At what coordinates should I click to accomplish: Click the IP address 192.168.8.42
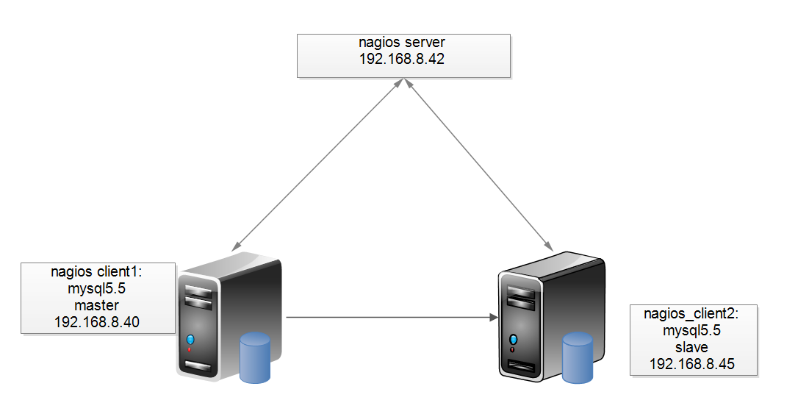coord(403,59)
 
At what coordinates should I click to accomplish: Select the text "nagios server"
coord(403,43)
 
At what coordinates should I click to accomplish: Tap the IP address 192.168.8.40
coord(97,321)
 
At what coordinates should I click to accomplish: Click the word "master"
coord(97,304)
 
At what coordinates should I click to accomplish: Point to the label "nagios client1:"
coord(97,271)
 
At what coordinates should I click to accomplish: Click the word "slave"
coord(693,347)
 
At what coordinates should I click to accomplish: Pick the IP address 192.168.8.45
coord(693,363)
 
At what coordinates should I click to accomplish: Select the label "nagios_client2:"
coord(693,314)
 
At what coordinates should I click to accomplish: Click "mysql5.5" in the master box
coord(97,288)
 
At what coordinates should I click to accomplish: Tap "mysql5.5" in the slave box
coord(693,331)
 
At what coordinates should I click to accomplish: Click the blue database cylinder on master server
coord(255,357)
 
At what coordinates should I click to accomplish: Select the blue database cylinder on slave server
coord(578,358)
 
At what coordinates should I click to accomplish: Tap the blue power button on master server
coord(190,339)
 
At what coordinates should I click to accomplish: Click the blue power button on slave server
coord(513,340)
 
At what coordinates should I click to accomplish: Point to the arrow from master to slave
coord(389,318)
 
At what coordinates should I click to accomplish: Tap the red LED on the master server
coord(190,349)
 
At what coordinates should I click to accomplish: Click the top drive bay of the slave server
coord(521,293)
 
